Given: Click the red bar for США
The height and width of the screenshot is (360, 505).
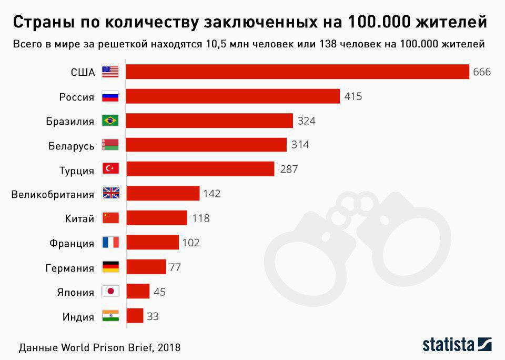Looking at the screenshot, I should [x=297, y=72].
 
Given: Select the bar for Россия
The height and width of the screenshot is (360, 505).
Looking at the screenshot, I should [x=233, y=96].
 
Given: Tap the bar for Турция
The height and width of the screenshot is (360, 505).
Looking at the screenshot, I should [x=200, y=169].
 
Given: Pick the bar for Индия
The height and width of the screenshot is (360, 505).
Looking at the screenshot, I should [x=135, y=316].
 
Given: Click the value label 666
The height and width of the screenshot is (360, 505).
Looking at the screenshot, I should [x=482, y=72].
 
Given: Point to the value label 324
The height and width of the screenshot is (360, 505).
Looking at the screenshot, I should [x=306, y=121].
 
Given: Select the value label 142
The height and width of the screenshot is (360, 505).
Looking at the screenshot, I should [x=211, y=194].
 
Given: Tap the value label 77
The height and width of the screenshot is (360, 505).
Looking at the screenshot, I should [x=175, y=267].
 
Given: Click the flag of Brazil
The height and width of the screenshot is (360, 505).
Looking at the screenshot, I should [x=110, y=121].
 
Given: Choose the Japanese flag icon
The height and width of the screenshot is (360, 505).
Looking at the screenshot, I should [x=110, y=292].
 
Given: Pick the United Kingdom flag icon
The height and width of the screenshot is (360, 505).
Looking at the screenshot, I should [x=110, y=194].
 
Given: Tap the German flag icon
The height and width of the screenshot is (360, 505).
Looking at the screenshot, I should [x=110, y=267].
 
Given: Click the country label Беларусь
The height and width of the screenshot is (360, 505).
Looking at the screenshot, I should [x=71, y=146].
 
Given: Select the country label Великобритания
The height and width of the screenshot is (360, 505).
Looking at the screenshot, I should [x=53, y=194].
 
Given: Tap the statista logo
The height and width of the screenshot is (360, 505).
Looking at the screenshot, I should [x=457, y=344].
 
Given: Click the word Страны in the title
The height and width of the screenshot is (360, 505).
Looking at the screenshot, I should [x=42, y=22].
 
